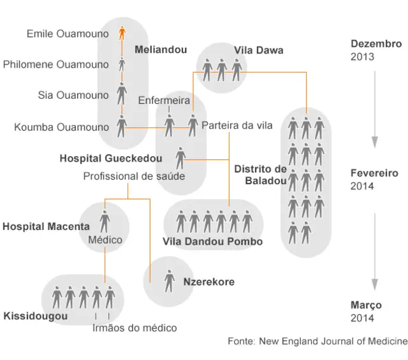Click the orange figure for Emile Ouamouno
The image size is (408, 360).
click(122, 32)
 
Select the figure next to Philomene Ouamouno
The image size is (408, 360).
click(122, 64)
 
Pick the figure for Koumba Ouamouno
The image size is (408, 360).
click(122, 126)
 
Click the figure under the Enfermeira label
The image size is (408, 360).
click(170, 126)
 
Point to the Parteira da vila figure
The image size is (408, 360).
click(193, 126)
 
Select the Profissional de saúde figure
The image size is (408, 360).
click(180, 158)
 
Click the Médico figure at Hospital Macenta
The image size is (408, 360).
click(105, 221)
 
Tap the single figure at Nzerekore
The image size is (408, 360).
click(170, 281)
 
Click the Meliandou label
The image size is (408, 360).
click(161, 50)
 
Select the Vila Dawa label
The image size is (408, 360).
click(259, 50)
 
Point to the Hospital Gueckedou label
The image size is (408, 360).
click(111, 158)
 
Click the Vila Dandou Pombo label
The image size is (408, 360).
click(212, 241)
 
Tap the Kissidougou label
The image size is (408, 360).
click(36, 316)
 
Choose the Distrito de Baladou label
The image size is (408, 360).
click(261, 175)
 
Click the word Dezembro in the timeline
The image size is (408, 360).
click(376, 44)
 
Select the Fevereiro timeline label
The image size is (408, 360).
click(374, 173)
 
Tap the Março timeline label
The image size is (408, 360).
click(366, 305)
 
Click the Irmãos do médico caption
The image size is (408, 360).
click(135, 328)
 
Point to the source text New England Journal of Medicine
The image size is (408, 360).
click(333, 341)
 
